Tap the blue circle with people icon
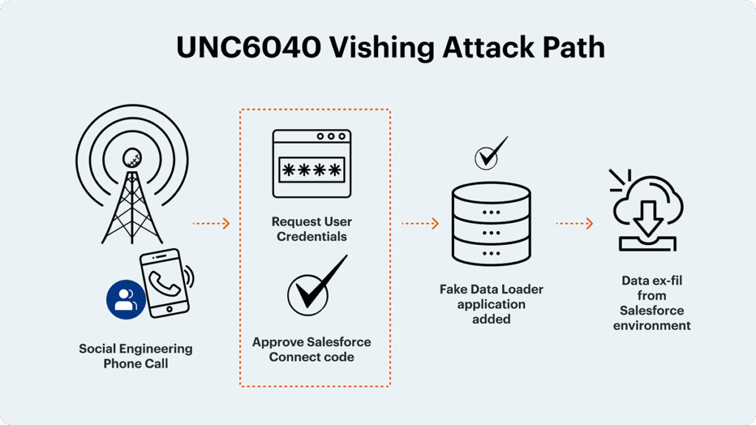point(126,299)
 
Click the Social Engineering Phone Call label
point(135,356)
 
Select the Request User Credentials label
point(312,229)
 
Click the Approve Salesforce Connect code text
point(312,349)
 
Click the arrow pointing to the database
point(420,222)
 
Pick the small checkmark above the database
point(491,153)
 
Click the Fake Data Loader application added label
point(491,304)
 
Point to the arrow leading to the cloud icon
point(574,222)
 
